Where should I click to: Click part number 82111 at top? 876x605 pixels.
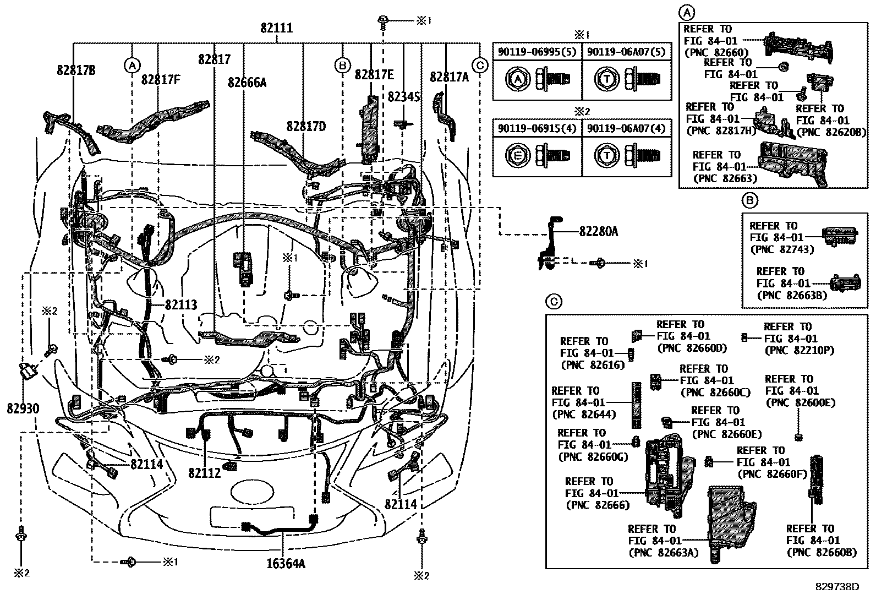pyautogui.click(x=276, y=28)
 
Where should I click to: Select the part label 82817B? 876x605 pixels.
pyautogui.click(x=76, y=70)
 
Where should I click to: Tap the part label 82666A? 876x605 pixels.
pyautogui.click(x=247, y=83)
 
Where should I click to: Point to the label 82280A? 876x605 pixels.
pyautogui.click(x=598, y=232)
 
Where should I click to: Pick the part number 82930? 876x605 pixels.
pyautogui.click(x=23, y=408)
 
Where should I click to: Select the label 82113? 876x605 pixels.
pyautogui.click(x=180, y=306)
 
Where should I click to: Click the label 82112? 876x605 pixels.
pyautogui.click(x=204, y=472)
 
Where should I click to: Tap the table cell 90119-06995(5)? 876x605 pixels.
pyautogui.click(x=536, y=52)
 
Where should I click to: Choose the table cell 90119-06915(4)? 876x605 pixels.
pyautogui.click(x=536, y=128)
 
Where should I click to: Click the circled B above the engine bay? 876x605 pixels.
pyautogui.click(x=342, y=66)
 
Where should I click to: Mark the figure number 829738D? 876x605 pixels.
pyautogui.click(x=837, y=587)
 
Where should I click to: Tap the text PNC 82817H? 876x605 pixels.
pyautogui.click(x=721, y=130)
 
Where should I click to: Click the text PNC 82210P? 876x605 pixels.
pyautogui.click(x=791, y=350)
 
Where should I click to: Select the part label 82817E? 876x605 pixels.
pyautogui.click(x=374, y=75)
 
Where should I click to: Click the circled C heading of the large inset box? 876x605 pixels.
pyautogui.click(x=554, y=302)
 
